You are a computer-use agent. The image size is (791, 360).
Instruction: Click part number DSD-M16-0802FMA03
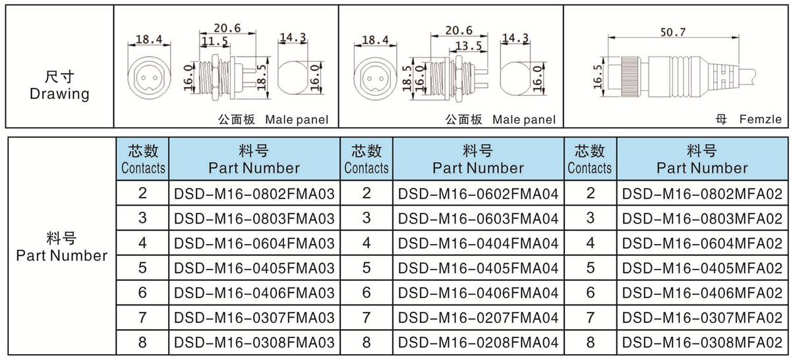(x=254, y=194)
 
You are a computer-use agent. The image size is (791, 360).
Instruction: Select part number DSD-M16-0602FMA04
(x=479, y=194)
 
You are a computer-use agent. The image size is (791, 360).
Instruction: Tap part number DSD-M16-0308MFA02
(x=703, y=343)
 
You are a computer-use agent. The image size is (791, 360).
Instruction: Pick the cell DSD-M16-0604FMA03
(x=254, y=243)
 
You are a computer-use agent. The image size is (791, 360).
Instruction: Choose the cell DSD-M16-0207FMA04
(x=479, y=318)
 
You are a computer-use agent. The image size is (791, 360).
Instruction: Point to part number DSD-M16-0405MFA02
(x=703, y=268)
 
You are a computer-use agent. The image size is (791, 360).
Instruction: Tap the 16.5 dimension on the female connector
(x=597, y=76)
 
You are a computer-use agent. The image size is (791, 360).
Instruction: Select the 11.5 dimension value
(x=214, y=42)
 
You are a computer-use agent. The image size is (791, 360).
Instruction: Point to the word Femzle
(x=760, y=120)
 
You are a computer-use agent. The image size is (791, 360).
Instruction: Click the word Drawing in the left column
(x=59, y=94)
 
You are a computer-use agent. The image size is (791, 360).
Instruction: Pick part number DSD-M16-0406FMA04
(x=479, y=293)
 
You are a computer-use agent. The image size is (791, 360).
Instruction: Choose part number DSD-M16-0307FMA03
(x=254, y=318)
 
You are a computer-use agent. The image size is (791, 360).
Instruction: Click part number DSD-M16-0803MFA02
(x=703, y=218)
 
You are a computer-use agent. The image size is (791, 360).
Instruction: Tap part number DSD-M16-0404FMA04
(x=479, y=243)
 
